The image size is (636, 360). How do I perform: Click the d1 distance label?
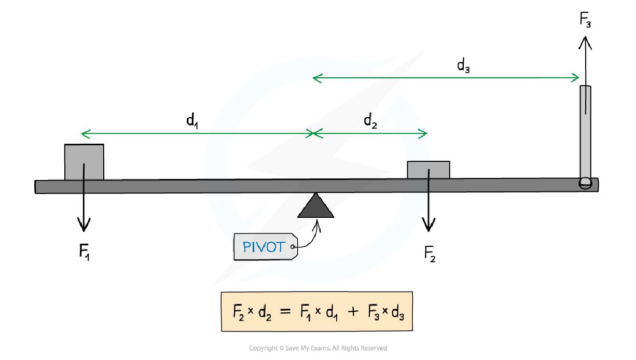(x=192, y=121)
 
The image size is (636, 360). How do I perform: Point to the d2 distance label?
(x=370, y=121)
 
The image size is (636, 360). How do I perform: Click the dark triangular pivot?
(x=315, y=206)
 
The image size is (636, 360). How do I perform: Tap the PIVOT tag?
(x=264, y=246)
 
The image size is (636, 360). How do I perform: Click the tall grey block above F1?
(x=84, y=162)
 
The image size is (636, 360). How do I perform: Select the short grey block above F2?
(x=428, y=170)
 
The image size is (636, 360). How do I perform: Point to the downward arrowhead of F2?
(x=428, y=226)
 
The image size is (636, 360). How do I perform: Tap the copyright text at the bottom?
(x=318, y=348)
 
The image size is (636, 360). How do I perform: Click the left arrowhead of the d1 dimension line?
(x=85, y=134)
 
